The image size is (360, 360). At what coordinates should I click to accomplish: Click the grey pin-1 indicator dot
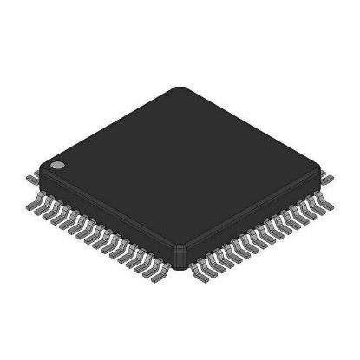pos(56,163)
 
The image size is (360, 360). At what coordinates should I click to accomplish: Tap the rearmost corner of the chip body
pos(180,88)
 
